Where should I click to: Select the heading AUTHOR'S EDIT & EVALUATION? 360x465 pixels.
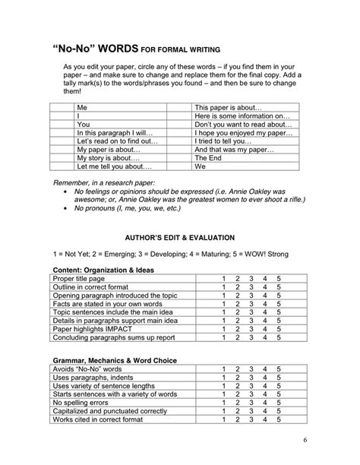tap(179, 236)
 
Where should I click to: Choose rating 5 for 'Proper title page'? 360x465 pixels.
tap(279, 279)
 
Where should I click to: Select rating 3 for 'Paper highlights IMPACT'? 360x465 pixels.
tap(251, 331)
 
